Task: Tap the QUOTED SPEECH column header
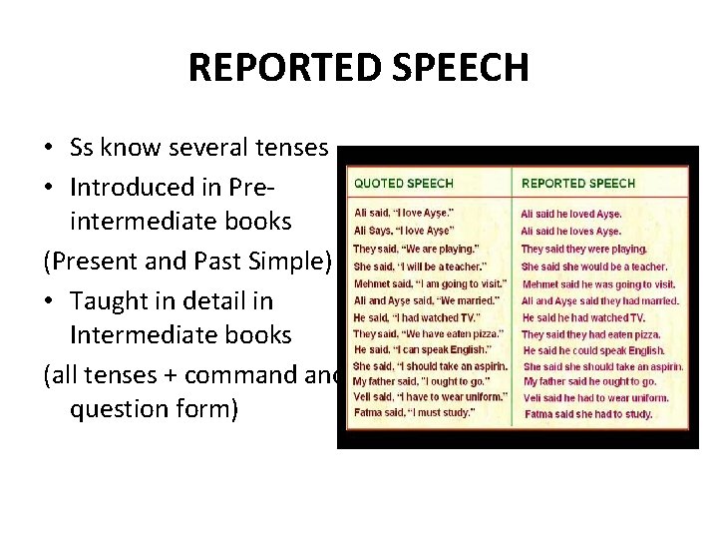coord(404,184)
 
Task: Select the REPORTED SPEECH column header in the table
coord(578,184)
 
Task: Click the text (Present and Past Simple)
coord(186,261)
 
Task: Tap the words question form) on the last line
coord(154,409)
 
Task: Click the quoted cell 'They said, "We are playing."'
coord(416,249)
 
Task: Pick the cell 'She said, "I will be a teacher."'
coord(420,267)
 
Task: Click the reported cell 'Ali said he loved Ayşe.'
coord(570,214)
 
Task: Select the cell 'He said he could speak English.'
coord(593,350)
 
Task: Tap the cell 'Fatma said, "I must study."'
coord(415,411)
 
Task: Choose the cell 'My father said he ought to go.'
coord(589,381)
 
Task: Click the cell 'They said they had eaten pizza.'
coord(590,334)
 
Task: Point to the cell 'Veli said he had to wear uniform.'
coord(595,397)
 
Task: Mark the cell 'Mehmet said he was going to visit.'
coord(598,283)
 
